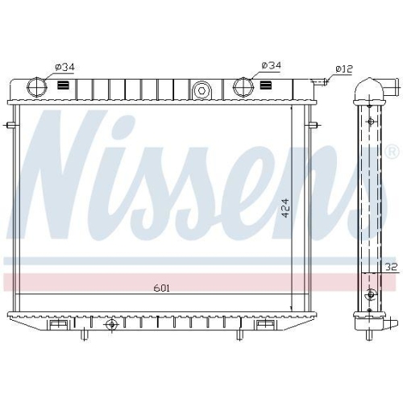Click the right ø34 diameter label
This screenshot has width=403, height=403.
(272, 64)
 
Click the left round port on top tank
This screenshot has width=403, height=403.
(37, 87)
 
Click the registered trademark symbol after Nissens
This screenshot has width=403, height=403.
(391, 152)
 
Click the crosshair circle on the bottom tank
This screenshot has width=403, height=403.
(111, 324)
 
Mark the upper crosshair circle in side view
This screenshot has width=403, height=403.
(370, 121)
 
